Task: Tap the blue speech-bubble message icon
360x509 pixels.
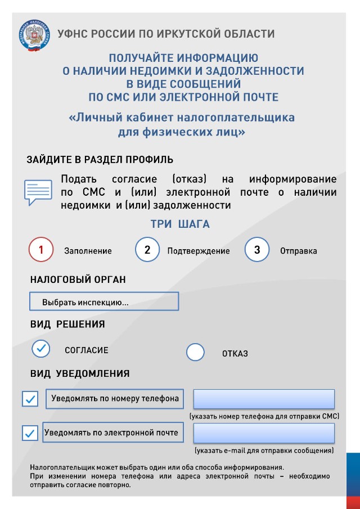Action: point(38,191)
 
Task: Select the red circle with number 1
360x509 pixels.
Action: point(41,250)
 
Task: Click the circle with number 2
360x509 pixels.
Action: point(147,250)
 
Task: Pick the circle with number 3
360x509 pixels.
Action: point(257,250)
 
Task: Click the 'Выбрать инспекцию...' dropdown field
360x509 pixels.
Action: point(104,302)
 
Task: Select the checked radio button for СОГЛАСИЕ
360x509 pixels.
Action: point(41,349)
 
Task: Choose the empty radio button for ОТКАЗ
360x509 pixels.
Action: point(195,353)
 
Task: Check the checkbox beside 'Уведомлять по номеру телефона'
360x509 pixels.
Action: point(30,399)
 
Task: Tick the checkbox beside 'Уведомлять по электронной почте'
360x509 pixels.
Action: point(30,433)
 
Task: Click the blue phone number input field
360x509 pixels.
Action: point(264,399)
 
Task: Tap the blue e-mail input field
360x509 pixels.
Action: point(264,433)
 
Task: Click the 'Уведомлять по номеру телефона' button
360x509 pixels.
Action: point(115,399)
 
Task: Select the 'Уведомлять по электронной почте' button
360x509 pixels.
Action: point(111,433)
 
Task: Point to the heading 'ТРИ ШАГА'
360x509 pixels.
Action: point(180,224)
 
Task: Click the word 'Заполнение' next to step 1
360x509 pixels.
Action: point(88,251)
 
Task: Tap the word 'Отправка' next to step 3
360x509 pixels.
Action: point(298,251)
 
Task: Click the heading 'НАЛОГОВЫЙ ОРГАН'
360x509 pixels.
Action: point(78,280)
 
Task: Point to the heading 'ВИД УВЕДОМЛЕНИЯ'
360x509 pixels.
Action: point(80,373)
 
